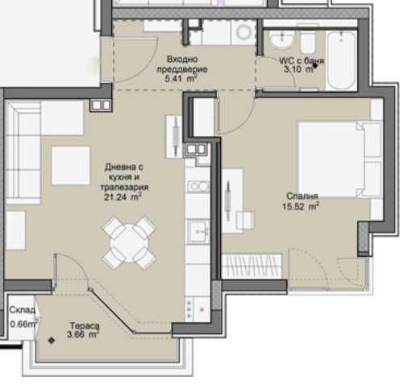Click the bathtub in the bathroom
tap(341, 60)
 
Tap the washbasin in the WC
tap(282, 40)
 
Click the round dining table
tap(129, 243)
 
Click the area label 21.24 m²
tap(123, 197)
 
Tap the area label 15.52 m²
tap(301, 207)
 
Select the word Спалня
tap(302, 197)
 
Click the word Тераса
tap(85, 326)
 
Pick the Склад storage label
tap(22, 310)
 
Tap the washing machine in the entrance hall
tap(243, 32)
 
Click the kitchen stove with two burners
tap(198, 187)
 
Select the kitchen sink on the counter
tap(198, 231)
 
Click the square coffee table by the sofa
tap(71, 165)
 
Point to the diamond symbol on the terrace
tap(52, 341)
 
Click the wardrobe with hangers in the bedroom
tap(252, 266)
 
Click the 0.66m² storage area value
tap(23, 324)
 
